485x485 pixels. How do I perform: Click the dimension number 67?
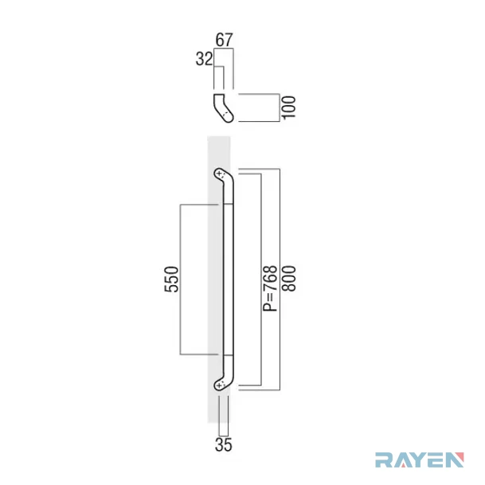point(224,40)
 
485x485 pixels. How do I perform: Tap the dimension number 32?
point(204,59)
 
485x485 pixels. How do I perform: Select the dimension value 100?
point(289,108)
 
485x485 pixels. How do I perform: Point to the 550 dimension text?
point(171,280)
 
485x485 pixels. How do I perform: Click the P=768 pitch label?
point(270,288)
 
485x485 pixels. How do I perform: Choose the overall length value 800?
point(289,279)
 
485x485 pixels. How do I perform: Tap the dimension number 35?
point(223,445)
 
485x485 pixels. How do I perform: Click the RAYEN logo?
point(420,460)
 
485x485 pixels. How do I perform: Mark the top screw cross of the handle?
point(219,174)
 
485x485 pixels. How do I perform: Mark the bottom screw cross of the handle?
point(219,385)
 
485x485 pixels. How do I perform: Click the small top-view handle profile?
point(223,108)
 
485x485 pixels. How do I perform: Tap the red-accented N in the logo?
point(455,460)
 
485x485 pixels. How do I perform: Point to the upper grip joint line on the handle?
point(228,204)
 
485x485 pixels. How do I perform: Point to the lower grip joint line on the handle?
point(228,355)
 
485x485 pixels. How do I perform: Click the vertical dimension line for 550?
point(180,280)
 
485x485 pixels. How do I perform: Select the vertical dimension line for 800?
point(280,280)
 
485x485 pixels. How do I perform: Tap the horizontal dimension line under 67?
point(224,49)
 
